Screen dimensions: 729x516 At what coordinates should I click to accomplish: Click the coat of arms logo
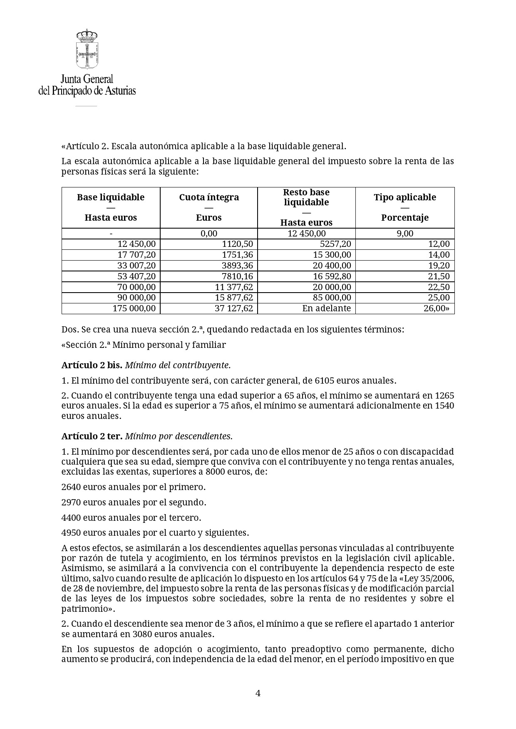[x=87, y=49]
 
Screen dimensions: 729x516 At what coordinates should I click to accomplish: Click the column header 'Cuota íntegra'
[x=209, y=197]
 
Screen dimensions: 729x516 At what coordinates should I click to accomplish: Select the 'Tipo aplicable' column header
[x=405, y=197]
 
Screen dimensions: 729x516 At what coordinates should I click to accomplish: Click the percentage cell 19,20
[x=439, y=266]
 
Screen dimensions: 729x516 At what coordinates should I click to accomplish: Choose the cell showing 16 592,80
[x=332, y=276]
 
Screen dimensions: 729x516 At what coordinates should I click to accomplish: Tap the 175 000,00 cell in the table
[x=134, y=308]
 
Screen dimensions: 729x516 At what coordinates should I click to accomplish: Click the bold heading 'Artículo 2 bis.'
[x=92, y=365]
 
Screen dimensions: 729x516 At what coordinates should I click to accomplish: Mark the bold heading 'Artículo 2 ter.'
[x=92, y=436]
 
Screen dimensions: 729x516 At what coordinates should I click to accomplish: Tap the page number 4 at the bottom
[x=258, y=693]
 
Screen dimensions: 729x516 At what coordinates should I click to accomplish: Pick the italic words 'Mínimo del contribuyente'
[x=177, y=365]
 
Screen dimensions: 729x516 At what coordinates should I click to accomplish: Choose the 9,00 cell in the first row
[x=405, y=234]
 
